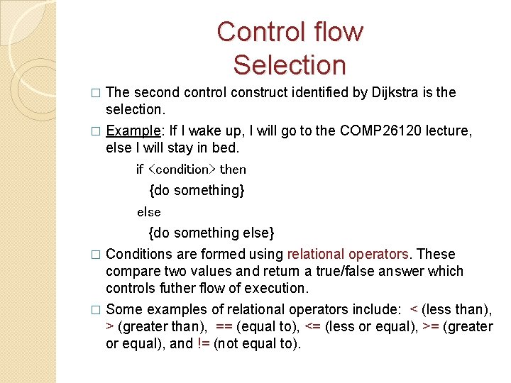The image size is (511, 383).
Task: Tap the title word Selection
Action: (290, 65)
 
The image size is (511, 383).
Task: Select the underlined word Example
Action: (132, 131)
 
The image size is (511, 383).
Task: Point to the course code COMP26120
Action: (370, 131)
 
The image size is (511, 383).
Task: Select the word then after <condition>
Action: (233, 170)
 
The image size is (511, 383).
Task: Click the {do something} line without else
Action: (197, 190)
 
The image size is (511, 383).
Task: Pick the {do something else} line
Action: (211, 233)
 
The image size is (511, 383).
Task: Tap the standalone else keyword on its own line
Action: (149, 212)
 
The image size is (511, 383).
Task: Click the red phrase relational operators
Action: (348, 254)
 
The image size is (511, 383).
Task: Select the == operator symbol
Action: (224, 326)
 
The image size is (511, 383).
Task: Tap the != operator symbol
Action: (204, 343)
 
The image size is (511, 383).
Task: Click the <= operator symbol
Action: (312, 326)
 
